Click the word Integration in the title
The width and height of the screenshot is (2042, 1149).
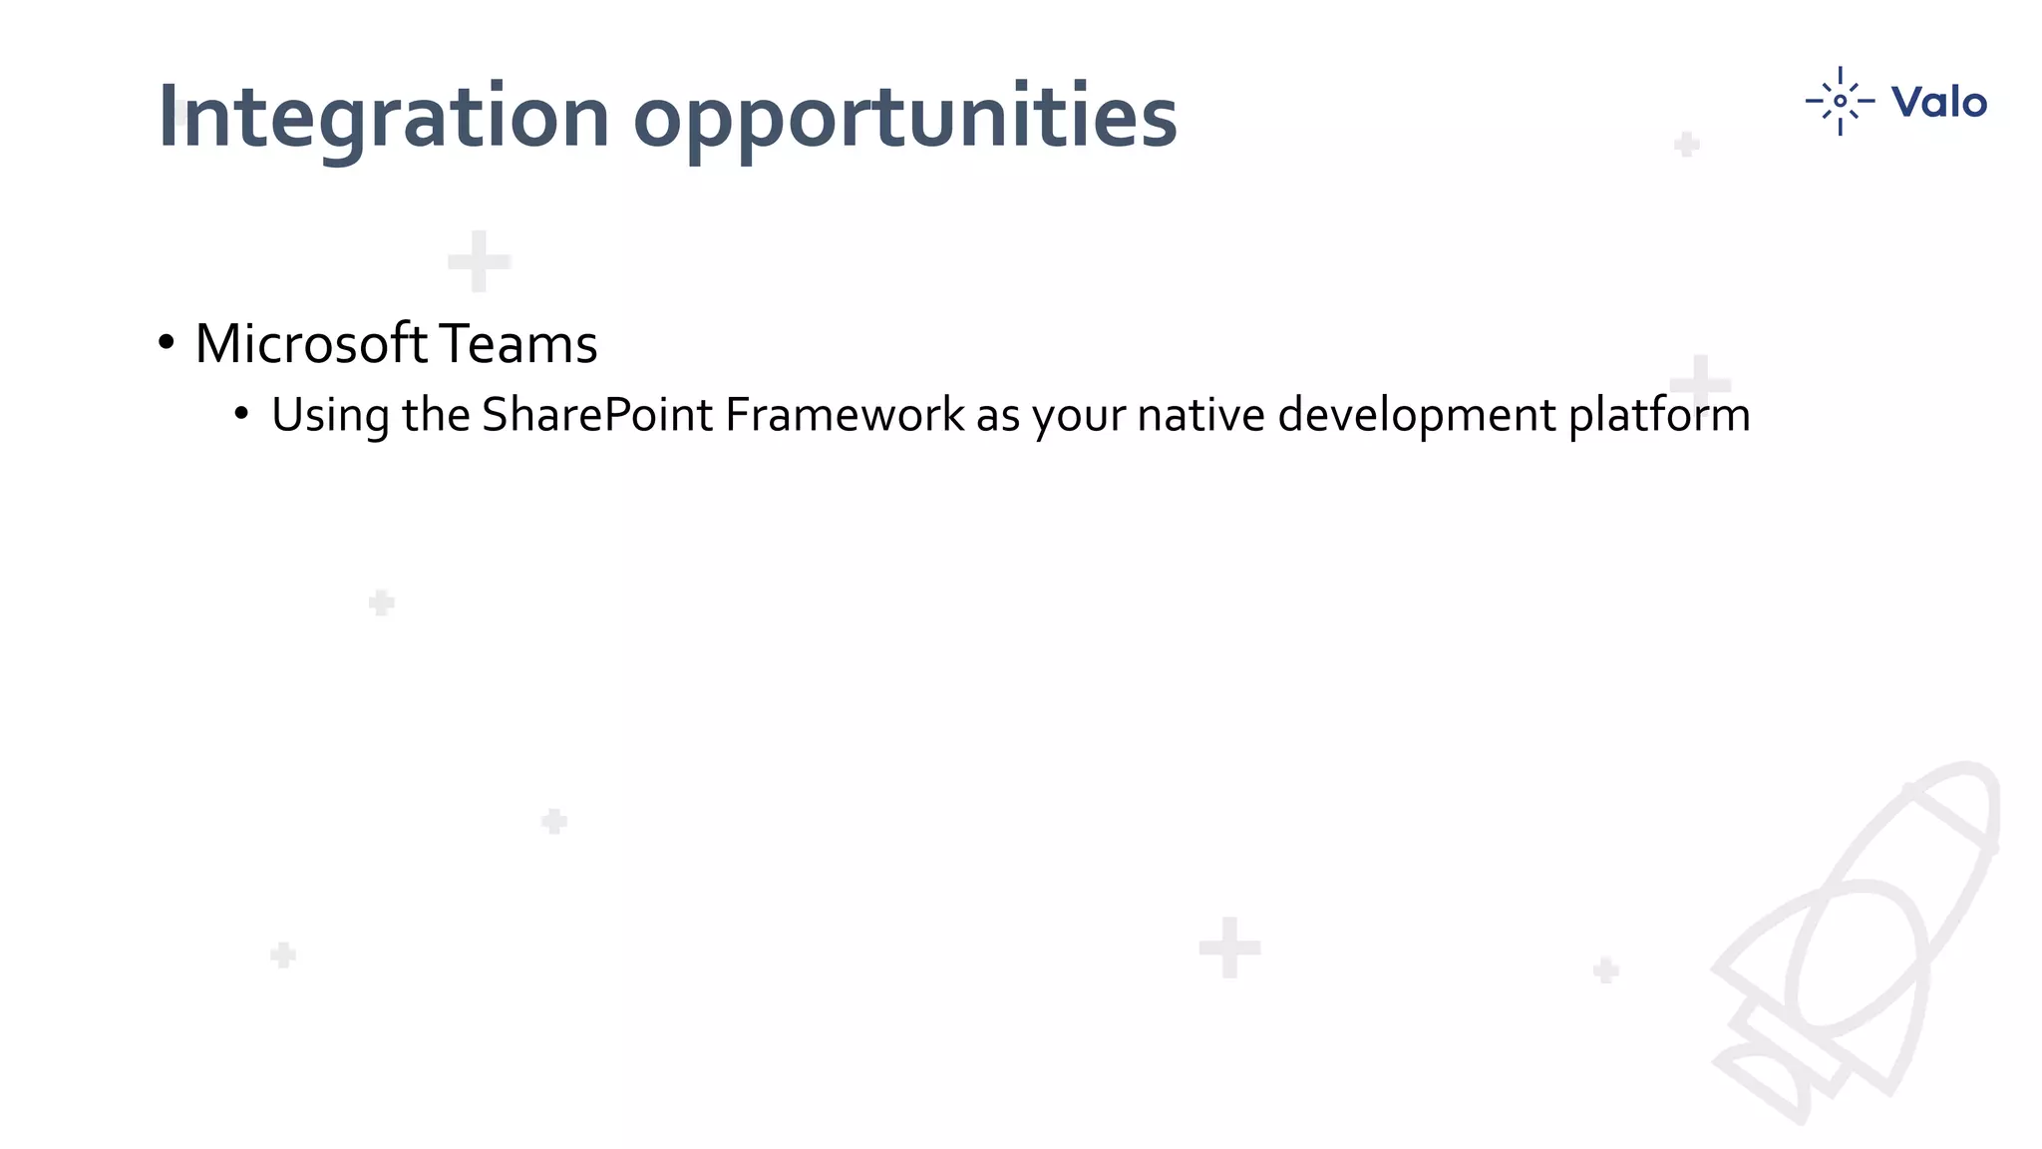click(x=383, y=118)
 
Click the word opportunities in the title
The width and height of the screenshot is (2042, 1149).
click(x=904, y=118)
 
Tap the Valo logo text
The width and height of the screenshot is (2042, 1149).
click(x=1938, y=102)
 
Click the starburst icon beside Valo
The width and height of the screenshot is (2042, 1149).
click(x=1840, y=101)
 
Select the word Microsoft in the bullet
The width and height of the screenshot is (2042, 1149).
click(x=311, y=344)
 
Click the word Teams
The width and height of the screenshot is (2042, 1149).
click(x=517, y=344)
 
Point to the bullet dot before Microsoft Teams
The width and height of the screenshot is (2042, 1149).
click(x=167, y=343)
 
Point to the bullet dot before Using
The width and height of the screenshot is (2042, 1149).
click(x=241, y=414)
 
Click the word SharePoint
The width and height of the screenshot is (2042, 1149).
click(x=597, y=415)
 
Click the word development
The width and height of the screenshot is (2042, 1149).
click(x=1416, y=415)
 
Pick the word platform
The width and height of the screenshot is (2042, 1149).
click(x=1659, y=415)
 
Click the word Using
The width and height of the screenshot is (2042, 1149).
click(x=330, y=415)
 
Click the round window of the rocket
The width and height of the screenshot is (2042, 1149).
click(x=1857, y=957)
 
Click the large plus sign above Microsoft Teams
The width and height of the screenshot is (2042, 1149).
click(x=480, y=261)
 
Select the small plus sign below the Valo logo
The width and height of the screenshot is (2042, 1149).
click(x=1687, y=145)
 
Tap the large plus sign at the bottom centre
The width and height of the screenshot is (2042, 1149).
click(x=1229, y=948)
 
